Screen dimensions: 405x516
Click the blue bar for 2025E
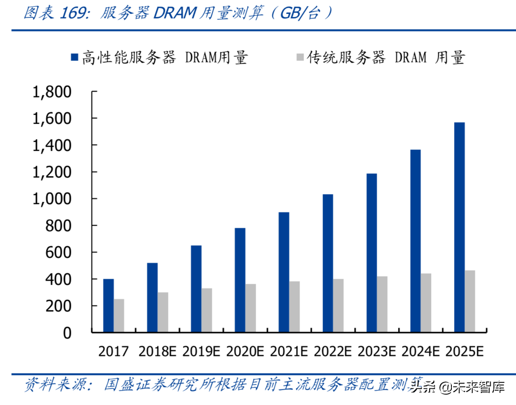click(x=460, y=227)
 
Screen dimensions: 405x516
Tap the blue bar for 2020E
click(x=240, y=280)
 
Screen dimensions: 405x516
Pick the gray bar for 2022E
click(x=338, y=306)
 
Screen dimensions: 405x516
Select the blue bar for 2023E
click(x=371, y=253)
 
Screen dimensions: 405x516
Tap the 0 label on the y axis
click(x=67, y=333)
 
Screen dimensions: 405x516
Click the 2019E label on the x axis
click(x=202, y=352)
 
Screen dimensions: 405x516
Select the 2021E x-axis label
click(x=289, y=352)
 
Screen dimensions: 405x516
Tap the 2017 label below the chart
click(x=114, y=352)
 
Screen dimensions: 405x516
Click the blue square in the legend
click(x=75, y=57)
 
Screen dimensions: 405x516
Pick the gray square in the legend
click(x=300, y=57)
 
